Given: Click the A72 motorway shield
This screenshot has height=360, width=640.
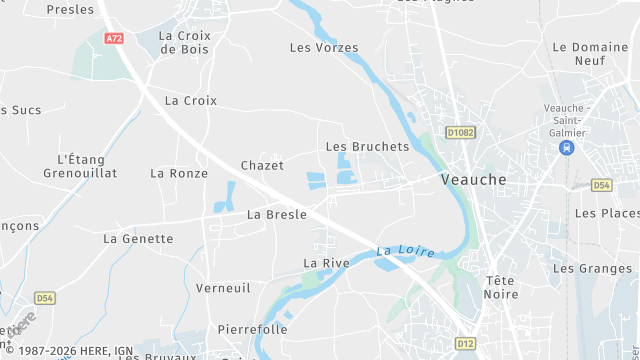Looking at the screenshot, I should point(113,38).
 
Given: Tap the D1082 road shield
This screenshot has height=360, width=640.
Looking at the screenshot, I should point(461,131).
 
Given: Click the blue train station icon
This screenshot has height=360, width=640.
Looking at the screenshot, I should point(567,148).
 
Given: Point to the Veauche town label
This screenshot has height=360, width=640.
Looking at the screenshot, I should point(473,179).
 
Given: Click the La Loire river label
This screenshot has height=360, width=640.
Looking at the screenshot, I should point(405,251).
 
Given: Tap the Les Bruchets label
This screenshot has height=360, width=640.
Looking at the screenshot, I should point(368,146).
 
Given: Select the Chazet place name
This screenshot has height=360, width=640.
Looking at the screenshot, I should point(262,165).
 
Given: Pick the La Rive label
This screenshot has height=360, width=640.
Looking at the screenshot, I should point(325,263).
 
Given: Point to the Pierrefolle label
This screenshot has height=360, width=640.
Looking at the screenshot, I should point(252,329).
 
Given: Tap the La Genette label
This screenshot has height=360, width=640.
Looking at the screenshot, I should point(138,239).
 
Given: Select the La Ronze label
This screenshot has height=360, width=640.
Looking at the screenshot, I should point(179,173).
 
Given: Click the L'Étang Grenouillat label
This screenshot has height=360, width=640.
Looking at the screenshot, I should point(87,166).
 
